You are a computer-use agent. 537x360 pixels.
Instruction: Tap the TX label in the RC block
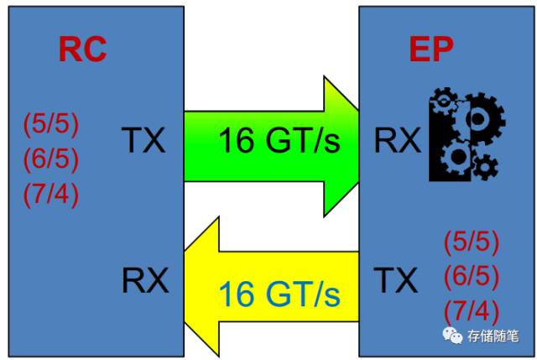143,140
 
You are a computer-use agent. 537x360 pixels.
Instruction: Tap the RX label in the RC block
145,279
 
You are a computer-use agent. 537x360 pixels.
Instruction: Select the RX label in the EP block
397,140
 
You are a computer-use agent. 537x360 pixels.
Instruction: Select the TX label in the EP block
395,279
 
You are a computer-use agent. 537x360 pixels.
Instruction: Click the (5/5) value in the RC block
50,124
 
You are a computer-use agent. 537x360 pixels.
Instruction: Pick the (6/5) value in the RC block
50,159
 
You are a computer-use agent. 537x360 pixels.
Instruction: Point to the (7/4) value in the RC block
50,195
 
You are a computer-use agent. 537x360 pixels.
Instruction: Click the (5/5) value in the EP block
472,243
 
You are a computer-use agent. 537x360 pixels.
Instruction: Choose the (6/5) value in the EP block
472,276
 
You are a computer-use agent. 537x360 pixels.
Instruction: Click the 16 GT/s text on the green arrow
279,140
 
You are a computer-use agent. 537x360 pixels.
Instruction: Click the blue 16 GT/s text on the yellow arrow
279,294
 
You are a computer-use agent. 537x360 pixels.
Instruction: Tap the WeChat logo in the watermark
453,335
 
